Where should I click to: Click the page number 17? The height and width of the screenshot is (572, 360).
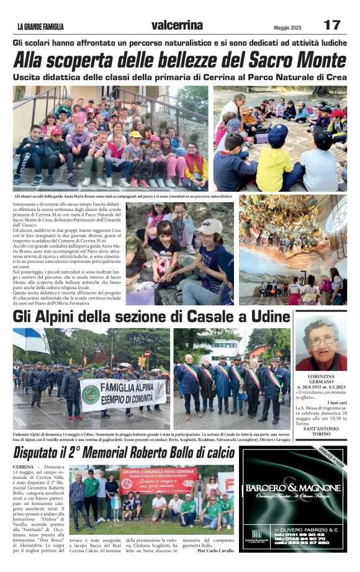point(331,25)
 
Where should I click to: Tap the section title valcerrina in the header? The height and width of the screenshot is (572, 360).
point(177,25)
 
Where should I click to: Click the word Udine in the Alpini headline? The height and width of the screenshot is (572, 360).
point(268,318)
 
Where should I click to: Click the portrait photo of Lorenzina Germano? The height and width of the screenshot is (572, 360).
point(320,344)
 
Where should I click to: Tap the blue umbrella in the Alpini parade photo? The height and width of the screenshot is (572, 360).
point(32,340)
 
